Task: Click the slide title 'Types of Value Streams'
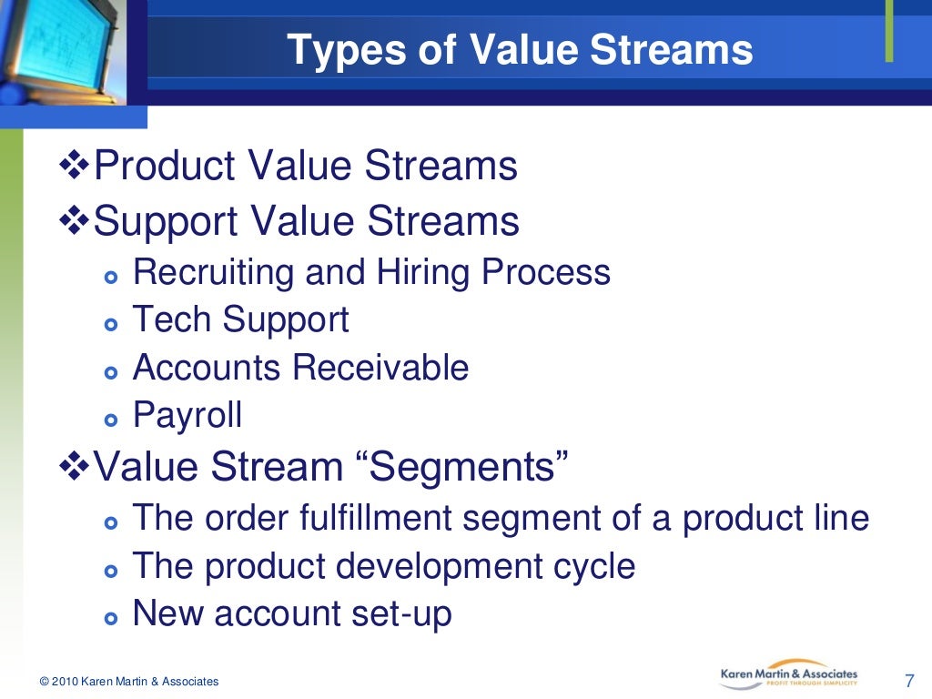[520, 50]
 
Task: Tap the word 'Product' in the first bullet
[153, 167]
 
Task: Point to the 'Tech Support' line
[240, 319]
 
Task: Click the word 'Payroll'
[187, 415]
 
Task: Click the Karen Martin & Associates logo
[788, 674]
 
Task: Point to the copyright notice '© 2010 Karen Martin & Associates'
[128, 682]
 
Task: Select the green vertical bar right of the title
[889, 32]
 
